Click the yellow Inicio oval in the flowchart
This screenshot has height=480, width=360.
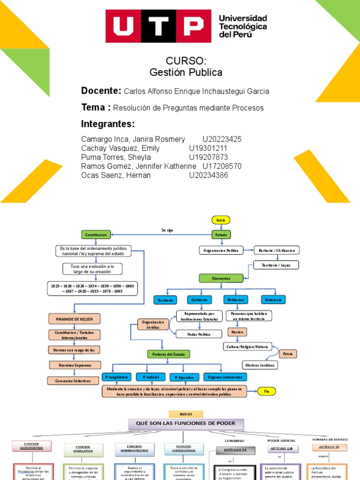[x=221, y=220]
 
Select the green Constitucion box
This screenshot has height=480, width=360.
[x=96, y=234]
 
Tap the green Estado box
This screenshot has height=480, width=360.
[x=221, y=234]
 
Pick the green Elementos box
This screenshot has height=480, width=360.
[x=221, y=278]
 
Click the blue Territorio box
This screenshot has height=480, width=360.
[x=165, y=300]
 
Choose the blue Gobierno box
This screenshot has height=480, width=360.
[x=199, y=299]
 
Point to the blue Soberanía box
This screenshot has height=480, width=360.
[x=273, y=299]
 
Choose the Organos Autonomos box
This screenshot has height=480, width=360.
[x=225, y=377]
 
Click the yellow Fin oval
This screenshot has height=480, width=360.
[x=266, y=390]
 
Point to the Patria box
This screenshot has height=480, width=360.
[x=288, y=353]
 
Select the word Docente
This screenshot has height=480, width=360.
[x=101, y=90]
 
